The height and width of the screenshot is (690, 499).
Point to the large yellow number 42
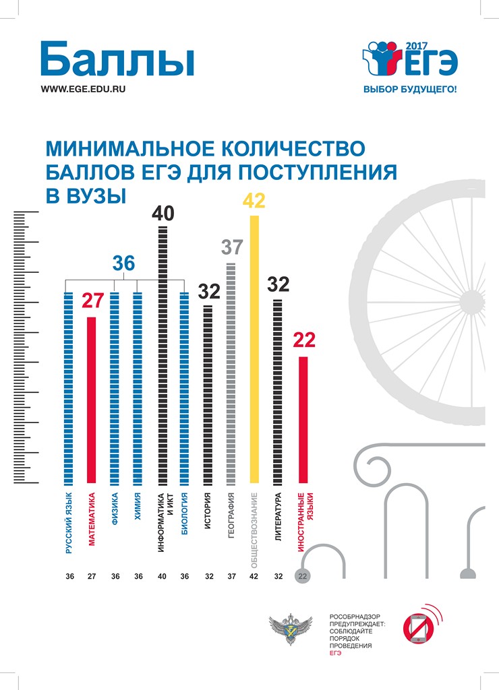pos(254,201)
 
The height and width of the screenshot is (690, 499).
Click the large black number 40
pos(163,214)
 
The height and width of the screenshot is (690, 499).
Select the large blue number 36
pos(123,263)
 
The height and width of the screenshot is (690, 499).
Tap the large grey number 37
pos(231,247)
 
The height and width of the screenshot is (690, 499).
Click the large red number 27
pos(92,301)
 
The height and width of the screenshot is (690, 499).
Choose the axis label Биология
pos(184,515)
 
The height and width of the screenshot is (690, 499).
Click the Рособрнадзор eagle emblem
pos(286,631)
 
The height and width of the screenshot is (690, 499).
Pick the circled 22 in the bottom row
pos(302,576)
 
